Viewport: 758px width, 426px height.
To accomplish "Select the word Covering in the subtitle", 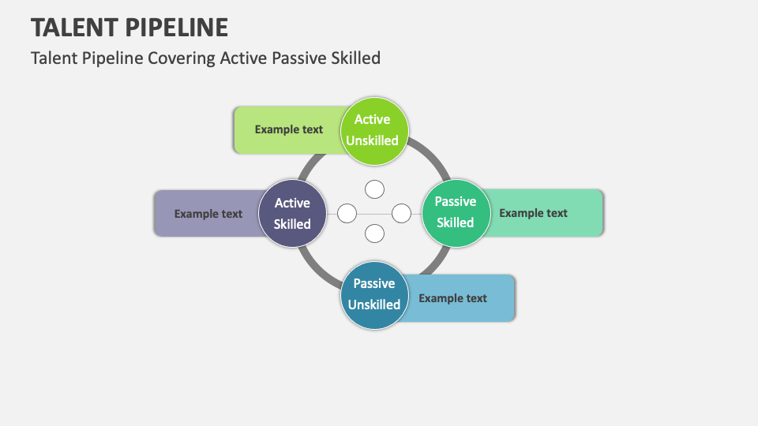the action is click(182, 58).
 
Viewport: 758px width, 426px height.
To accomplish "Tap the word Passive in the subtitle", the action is click(298, 58).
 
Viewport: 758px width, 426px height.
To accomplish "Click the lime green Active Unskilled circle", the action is click(374, 131).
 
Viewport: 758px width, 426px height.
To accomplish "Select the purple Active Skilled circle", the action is click(292, 214).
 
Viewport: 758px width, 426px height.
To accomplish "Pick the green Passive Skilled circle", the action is click(456, 214).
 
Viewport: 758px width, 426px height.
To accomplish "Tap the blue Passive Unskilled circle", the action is click(374, 296).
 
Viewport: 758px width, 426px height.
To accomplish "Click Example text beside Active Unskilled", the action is click(289, 129).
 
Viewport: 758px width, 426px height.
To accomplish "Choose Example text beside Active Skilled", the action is click(208, 214).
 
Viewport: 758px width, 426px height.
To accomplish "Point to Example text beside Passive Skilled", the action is click(533, 213).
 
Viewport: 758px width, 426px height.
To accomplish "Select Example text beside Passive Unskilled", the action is click(452, 298).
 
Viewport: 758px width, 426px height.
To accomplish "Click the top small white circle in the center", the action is click(374, 189).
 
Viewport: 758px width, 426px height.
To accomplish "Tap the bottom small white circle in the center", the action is click(374, 234).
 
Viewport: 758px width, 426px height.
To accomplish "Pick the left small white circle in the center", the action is click(347, 214).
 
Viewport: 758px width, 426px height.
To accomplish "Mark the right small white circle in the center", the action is click(401, 214).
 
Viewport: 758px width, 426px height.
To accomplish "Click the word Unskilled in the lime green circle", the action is click(372, 140).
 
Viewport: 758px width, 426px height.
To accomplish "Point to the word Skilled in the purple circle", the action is click(292, 224).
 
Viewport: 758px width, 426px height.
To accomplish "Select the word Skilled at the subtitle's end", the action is click(356, 58).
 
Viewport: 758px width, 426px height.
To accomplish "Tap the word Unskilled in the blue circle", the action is click(374, 305).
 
